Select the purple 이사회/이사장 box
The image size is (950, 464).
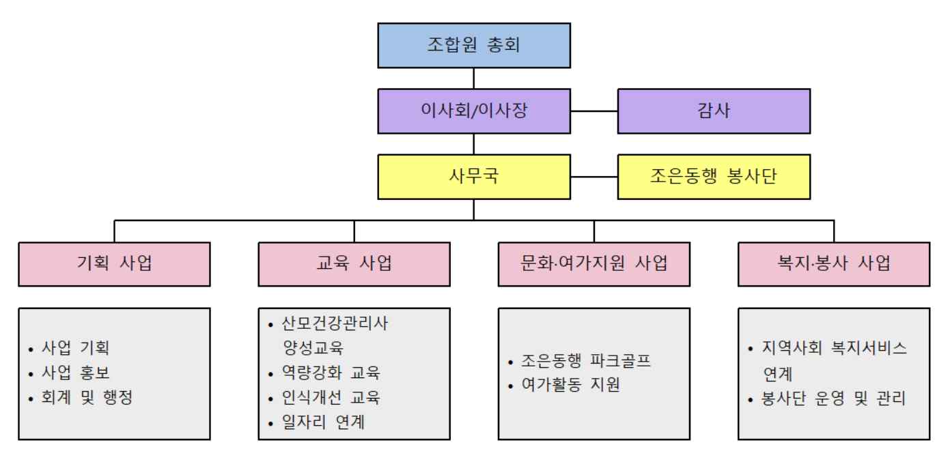[x=474, y=111]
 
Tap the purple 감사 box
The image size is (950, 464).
[x=714, y=111]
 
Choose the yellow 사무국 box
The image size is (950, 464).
[x=474, y=177]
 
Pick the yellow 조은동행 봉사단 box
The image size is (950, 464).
[x=714, y=177]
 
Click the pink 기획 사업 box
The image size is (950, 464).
[x=114, y=263]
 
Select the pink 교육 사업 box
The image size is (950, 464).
[x=354, y=263]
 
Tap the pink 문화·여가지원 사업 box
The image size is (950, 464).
[x=593, y=263]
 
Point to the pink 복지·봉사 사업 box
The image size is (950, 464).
[x=834, y=263]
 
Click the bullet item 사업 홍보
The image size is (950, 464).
[x=75, y=373]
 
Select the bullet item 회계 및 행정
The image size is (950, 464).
[x=86, y=398]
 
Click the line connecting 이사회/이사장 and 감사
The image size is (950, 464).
[x=594, y=111]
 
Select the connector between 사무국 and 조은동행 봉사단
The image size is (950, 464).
[x=594, y=177]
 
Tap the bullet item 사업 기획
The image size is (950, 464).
[x=75, y=348]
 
